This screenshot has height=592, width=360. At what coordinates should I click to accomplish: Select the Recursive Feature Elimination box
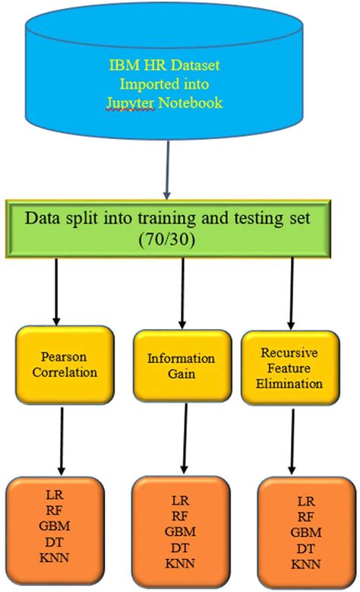pos(291,369)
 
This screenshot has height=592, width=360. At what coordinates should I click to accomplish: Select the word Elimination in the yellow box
pos(291,384)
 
